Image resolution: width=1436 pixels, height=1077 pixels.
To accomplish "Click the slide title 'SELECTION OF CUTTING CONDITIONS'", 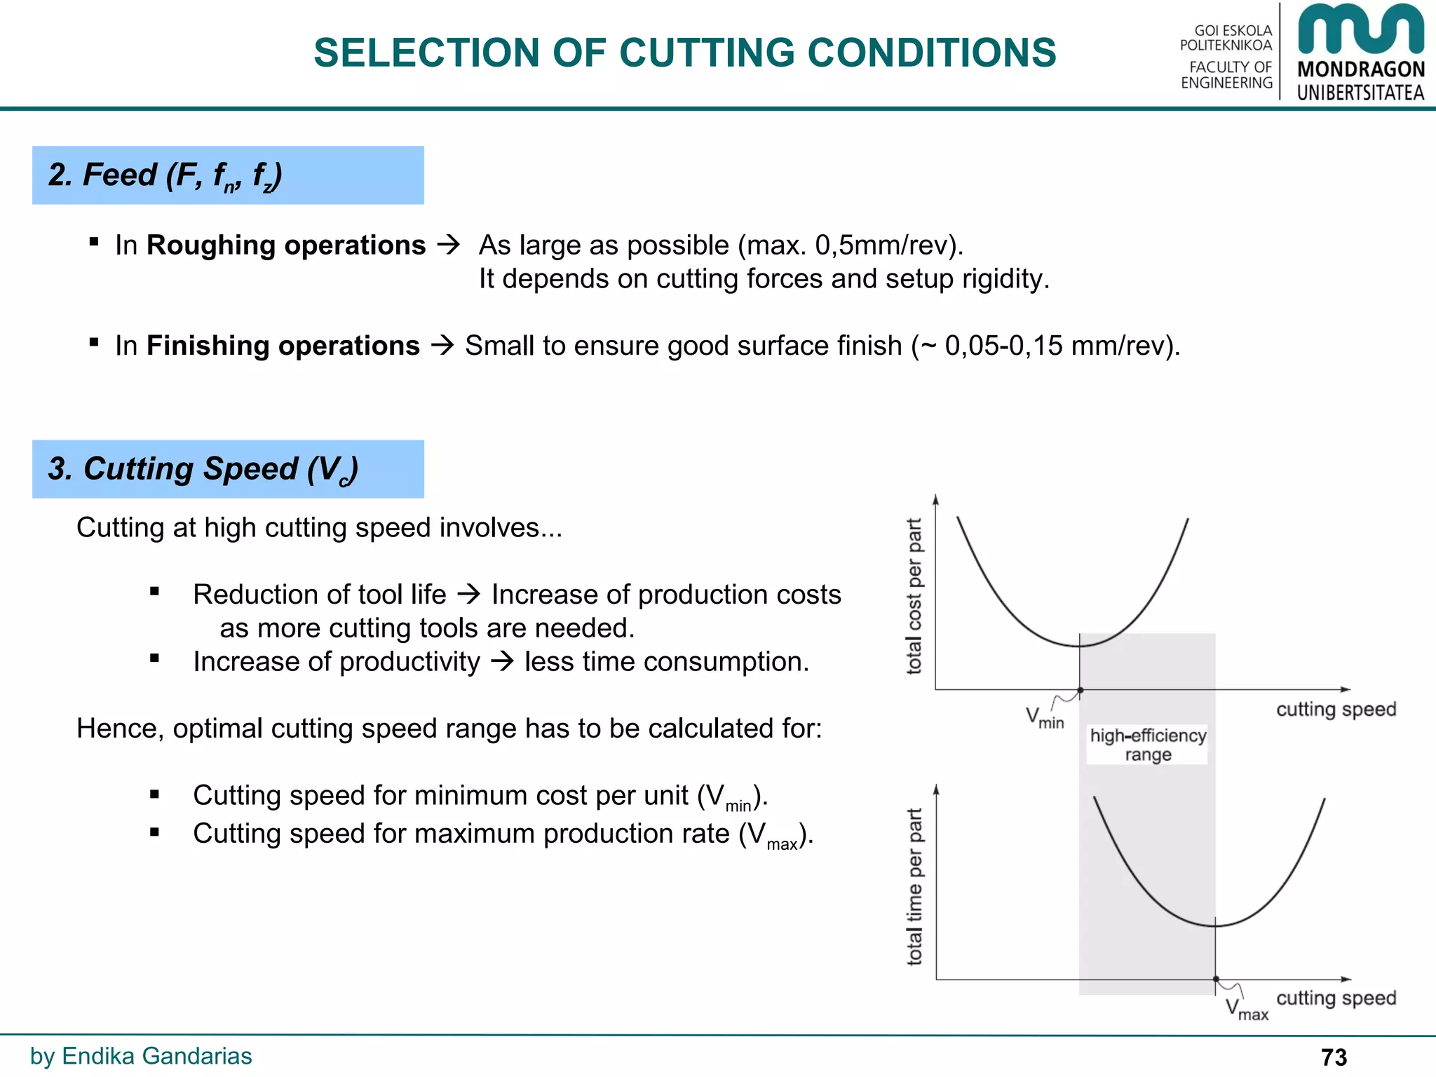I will pos(684,53).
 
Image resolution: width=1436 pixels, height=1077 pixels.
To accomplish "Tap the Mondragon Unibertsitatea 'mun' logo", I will pos(1360,29).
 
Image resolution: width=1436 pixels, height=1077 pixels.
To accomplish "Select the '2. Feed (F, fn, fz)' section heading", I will pos(165,175).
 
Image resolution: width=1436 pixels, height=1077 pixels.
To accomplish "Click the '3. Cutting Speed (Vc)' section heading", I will pos(203,469).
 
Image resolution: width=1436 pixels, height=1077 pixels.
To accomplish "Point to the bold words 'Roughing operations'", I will pos(286,245).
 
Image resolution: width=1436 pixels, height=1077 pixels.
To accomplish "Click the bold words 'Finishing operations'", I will pos(283,346).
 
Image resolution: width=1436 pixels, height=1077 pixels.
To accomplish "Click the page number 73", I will pos(1334,1057).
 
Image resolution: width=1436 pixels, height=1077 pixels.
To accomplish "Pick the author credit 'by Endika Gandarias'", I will pos(141,1056).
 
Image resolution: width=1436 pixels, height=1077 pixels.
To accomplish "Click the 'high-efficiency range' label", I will pos(1148,745).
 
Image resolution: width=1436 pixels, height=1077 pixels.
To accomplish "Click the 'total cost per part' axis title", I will pos(914,597).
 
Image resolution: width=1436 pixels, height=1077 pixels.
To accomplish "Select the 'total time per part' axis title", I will pos(914,887).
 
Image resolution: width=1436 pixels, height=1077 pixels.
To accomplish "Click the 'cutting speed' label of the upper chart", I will pos(1336,709).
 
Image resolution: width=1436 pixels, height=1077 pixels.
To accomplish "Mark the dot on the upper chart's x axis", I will pos(1080,691).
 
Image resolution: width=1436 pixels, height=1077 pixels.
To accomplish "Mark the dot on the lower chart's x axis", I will pos(1216,980).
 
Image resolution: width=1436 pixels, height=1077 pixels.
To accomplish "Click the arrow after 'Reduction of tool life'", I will pos(468,595).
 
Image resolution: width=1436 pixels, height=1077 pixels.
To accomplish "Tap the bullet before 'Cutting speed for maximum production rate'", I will pos(154,832).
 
